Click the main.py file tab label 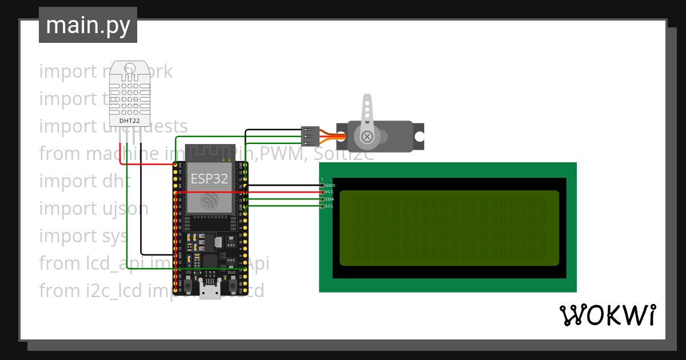point(87,25)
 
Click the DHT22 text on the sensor point(129,121)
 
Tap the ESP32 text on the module point(209,178)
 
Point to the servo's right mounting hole point(420,137)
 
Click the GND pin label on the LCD point(330,186)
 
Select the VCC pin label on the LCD point(329,193)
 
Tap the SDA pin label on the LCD point(329,199)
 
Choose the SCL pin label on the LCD point(329,206)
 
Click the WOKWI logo point(607,315)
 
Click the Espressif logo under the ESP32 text point(209,201)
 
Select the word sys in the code point(115,236)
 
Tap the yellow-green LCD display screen point(449,228)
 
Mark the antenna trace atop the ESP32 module point(209,152)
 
